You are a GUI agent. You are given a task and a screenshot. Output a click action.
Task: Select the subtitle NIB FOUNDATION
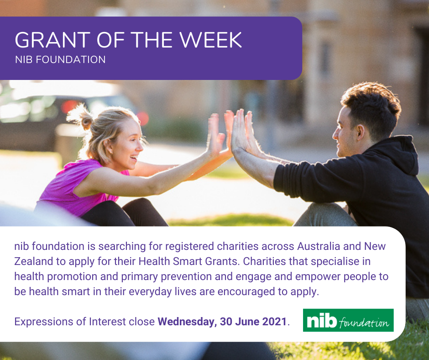click(60, 60)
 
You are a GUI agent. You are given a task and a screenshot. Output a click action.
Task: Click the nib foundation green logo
click(348, 320)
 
